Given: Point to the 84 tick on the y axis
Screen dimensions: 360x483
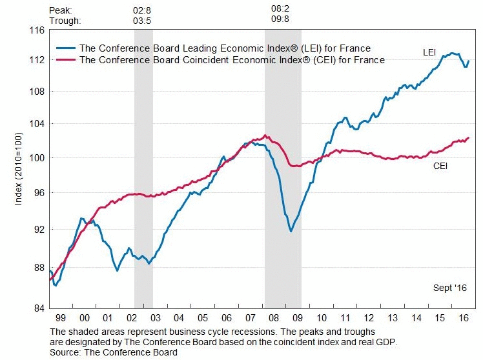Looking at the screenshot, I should pos(37,307).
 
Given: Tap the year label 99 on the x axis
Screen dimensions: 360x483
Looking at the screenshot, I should pos(61,319).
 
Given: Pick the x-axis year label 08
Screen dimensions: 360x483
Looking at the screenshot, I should pos(274,319).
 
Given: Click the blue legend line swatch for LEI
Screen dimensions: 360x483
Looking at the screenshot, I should pos(65,48).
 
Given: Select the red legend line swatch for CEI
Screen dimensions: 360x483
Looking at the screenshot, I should pos(65,60).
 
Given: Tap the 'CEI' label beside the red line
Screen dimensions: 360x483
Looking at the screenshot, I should pos(441,166).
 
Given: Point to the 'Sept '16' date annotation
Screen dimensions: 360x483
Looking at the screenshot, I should pos(449,288).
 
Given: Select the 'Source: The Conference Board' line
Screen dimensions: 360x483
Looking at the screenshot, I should pos(114,352).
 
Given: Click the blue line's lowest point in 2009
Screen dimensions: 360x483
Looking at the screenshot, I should pos(291,231).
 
